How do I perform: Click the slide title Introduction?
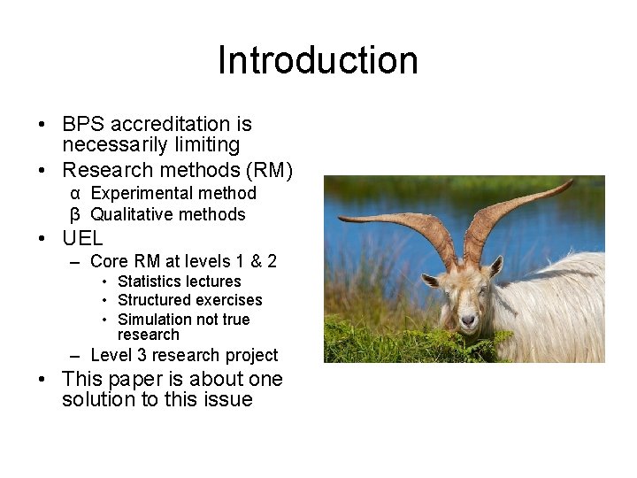(318, 60)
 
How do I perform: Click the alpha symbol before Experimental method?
(76, 194)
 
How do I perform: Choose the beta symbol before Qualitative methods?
(76, 214)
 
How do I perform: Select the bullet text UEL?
(82, 238)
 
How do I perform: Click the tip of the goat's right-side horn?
(572, 182)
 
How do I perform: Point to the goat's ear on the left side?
(432, 280)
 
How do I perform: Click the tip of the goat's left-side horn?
(340, 217)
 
